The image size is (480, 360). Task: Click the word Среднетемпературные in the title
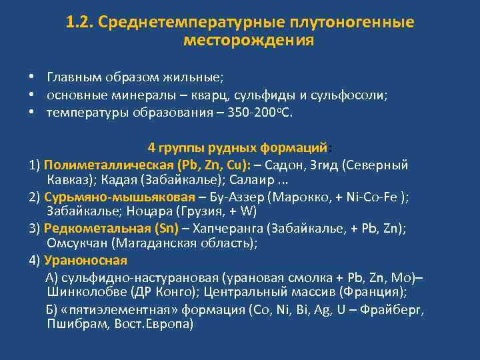coord(191,23)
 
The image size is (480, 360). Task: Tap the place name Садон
coord(291,165)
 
